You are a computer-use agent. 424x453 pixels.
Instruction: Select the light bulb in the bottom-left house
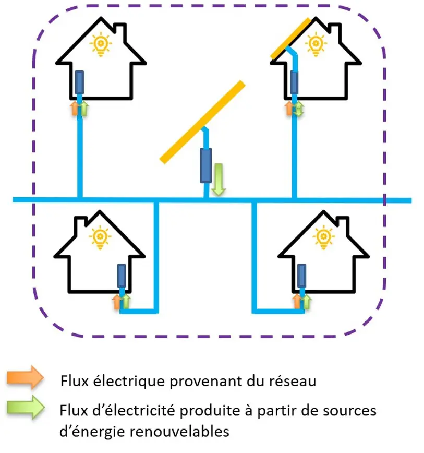coord(100,237)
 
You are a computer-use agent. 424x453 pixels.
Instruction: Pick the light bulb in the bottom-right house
coord(323,237)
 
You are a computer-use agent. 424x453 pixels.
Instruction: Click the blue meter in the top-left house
coord(80,82)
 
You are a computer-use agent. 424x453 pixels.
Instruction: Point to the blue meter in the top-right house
coord(295,82)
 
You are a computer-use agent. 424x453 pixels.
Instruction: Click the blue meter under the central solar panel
coord(206,165)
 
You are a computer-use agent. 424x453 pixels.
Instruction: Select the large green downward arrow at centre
coord(218,180)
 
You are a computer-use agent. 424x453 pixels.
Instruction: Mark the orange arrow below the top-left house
coord(74,108)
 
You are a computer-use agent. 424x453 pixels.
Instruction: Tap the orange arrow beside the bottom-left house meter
coord(116,301)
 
